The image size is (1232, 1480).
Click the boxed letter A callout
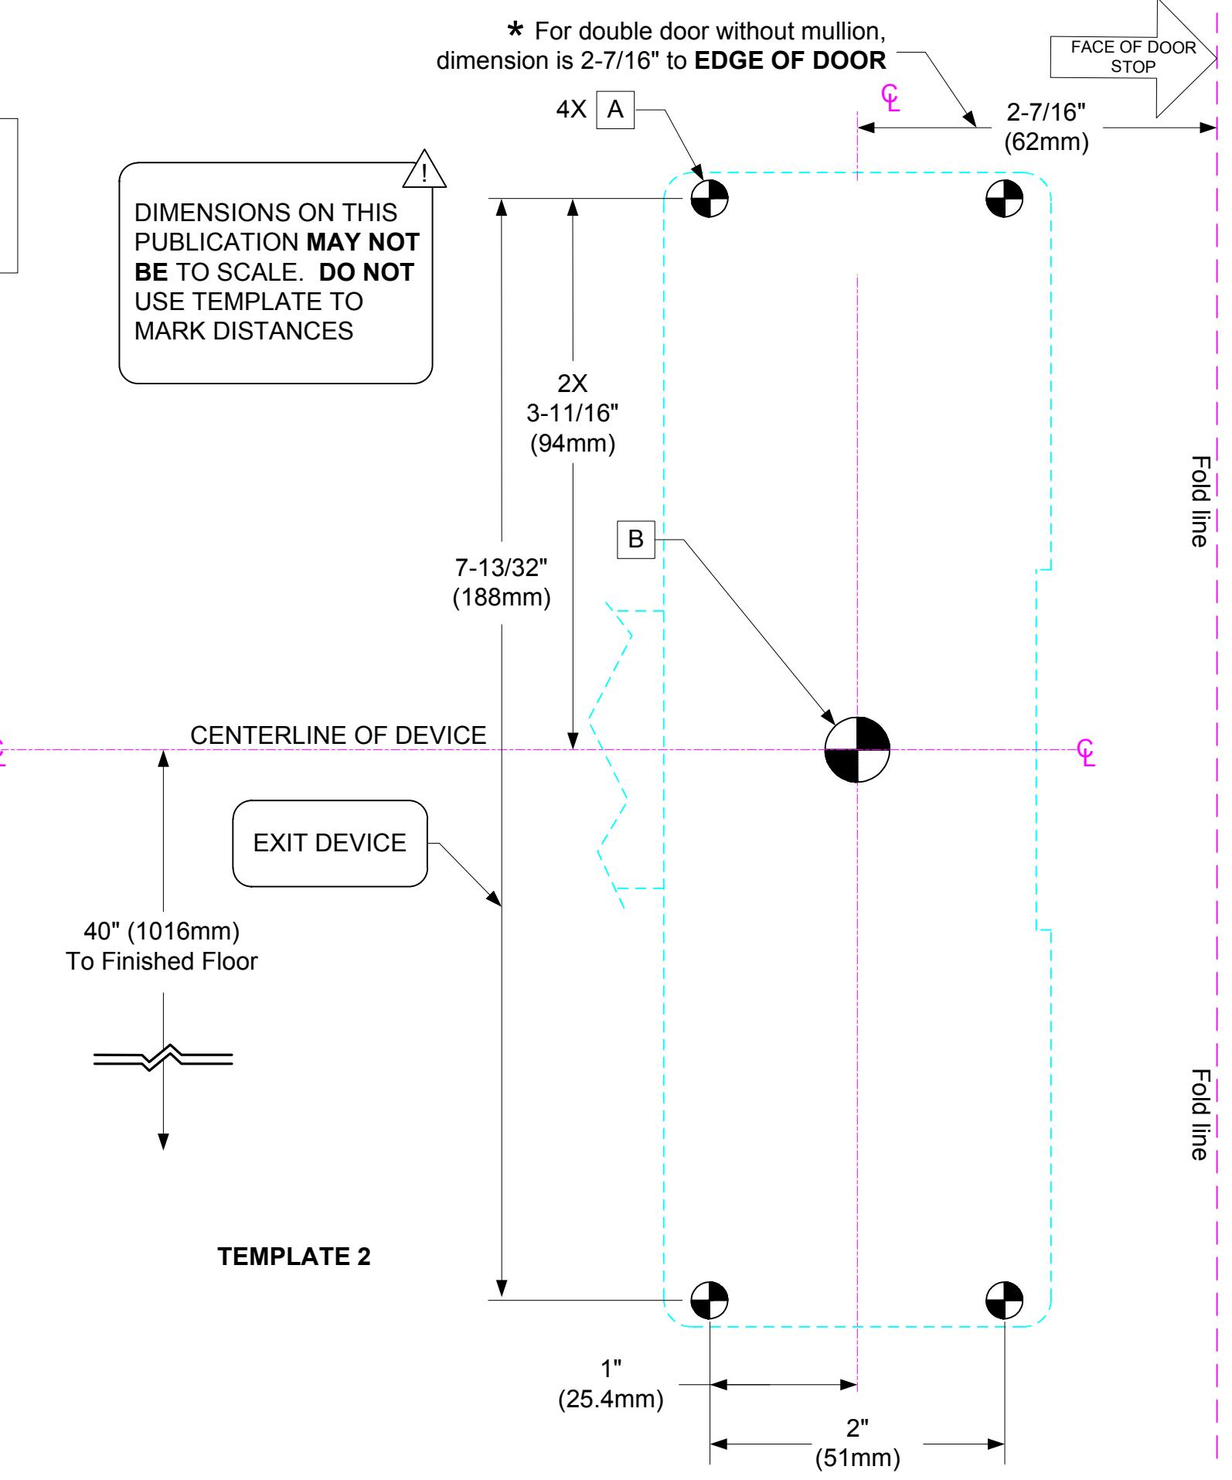615,110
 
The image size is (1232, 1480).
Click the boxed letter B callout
635,539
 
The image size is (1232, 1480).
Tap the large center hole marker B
857,749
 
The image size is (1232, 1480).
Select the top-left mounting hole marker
709,199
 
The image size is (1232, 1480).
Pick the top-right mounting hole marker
1004,199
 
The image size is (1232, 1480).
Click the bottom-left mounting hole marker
709,1300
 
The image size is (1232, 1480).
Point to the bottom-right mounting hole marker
1004,1300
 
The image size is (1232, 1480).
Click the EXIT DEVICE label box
330,843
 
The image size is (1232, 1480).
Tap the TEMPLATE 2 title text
294,1257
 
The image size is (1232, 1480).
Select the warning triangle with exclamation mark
425,169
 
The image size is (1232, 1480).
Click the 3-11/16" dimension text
573,414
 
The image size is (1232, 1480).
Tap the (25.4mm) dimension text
611,1400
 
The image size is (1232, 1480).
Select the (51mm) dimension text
858,1458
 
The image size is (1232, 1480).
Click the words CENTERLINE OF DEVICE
339,735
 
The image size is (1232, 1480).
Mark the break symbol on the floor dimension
163,1057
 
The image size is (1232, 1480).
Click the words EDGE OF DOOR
791,61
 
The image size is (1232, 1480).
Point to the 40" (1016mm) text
162,929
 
